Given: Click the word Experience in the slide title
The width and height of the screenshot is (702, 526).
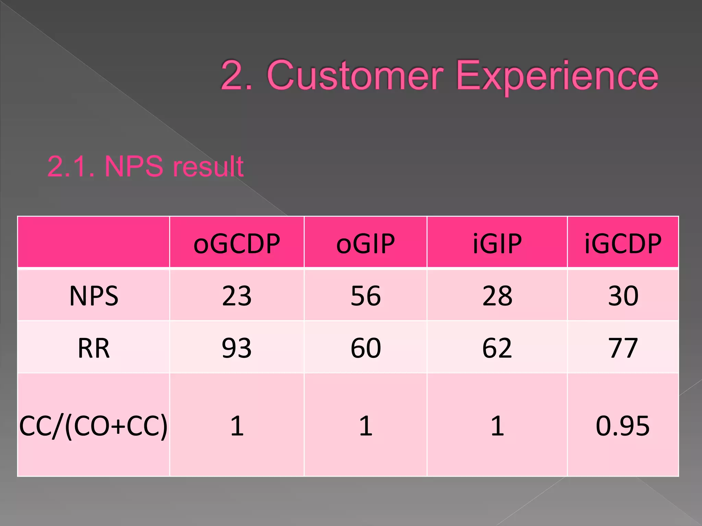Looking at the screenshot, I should (x=557, y=76).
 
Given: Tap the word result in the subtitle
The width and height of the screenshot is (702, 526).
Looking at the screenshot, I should (x=208, y=166).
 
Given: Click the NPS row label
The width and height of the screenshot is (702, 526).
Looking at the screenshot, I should (x=94, y=296).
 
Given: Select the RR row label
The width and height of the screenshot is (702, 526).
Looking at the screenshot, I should (x=94, y=348).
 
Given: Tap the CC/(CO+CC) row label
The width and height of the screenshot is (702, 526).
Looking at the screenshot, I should (x=93, y=426).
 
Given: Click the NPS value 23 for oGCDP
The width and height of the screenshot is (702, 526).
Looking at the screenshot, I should (x=237, y=296).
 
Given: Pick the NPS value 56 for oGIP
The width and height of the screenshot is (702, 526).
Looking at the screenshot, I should (x=365, y=296).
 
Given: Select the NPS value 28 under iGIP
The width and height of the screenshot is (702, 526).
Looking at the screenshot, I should (x=497, y=296).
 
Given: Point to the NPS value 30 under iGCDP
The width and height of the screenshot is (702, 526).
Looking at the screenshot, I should (x=623, y=296).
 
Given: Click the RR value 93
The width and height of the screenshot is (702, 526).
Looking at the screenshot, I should (x=237, y=348).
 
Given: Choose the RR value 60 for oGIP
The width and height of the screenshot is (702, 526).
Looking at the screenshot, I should (x=365, y=348).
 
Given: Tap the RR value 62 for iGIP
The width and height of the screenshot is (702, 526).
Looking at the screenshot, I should (x=497, y=348).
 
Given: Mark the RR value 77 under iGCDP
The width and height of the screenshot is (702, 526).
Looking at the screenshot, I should (x=623, y=348).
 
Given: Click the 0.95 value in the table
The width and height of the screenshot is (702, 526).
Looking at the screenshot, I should (x=622, y=426).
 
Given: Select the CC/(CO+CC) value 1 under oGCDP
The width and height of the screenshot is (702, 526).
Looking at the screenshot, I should (x=237, y=426).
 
